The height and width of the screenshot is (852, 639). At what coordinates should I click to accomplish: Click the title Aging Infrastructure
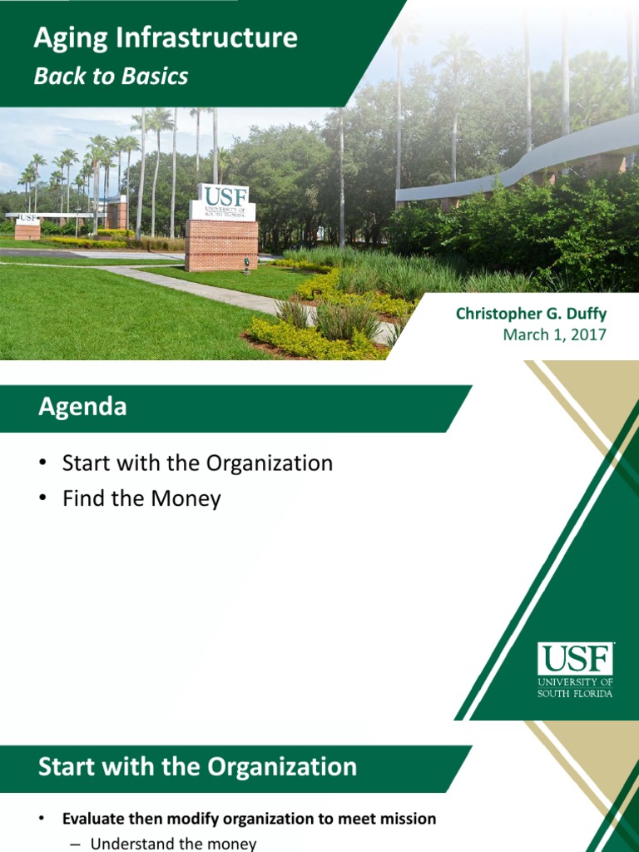pos(165,38)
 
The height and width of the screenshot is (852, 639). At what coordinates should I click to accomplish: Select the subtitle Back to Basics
pos(111,77)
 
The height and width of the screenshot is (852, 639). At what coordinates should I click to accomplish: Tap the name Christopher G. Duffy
pos(531,314)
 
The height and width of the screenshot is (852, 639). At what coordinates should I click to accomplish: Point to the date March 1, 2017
pos(555,334)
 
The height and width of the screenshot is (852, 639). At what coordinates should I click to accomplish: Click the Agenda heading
pos(82,407)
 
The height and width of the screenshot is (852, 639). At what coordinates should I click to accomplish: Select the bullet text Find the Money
pos(141,499)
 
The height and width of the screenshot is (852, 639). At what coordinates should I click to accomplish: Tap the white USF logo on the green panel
pos(575,660)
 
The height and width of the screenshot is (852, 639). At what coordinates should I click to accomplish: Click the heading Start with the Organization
pos(197,766)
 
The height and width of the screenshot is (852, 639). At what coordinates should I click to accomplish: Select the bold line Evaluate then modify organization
pos(249,819)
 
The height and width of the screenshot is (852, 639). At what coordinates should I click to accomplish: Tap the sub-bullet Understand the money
pos(173,844)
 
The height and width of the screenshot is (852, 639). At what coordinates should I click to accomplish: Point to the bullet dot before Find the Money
pos(43,500)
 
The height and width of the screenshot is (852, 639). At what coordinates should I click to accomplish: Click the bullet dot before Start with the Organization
pos(43,464)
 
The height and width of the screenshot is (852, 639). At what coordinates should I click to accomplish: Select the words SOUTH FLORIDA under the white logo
pos(575,692)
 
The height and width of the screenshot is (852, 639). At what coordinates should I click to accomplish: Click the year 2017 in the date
pos(588,334)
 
